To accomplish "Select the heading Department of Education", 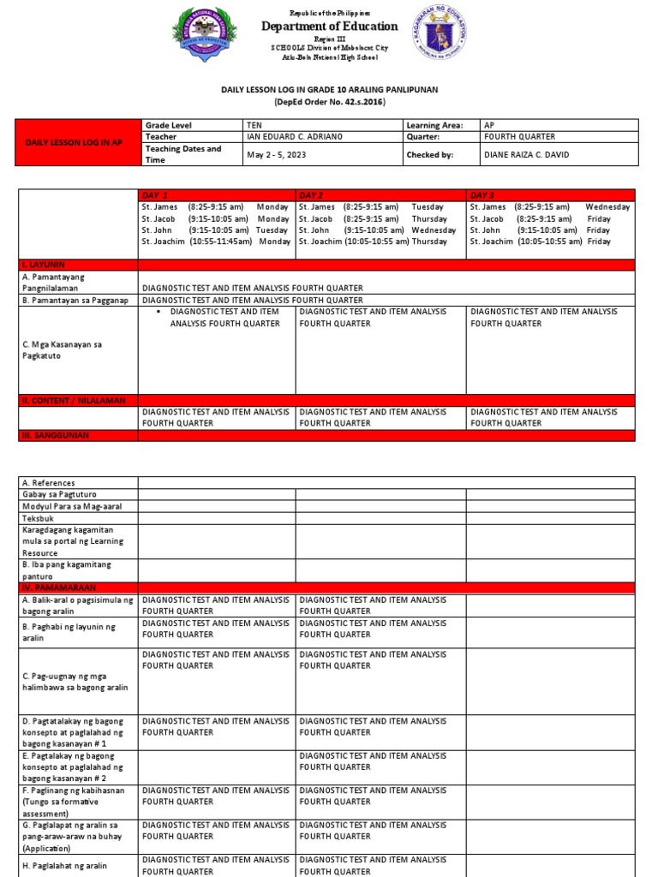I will (329, 27).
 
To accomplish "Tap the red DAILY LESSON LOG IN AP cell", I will (79, 142).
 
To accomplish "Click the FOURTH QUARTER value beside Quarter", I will (519, 136).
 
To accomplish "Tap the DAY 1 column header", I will (155, 195).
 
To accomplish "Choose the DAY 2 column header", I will (312, 195).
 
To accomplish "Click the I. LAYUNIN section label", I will (44, 265).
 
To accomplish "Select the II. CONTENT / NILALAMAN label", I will (74, 400).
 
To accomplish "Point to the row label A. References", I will (49, 483).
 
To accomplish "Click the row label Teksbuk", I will (39, 518).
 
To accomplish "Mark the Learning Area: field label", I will (434, 125).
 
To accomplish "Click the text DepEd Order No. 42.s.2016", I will (330, 102).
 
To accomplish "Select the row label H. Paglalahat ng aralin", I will (65, 865).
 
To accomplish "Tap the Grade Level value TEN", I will (255, 125).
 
